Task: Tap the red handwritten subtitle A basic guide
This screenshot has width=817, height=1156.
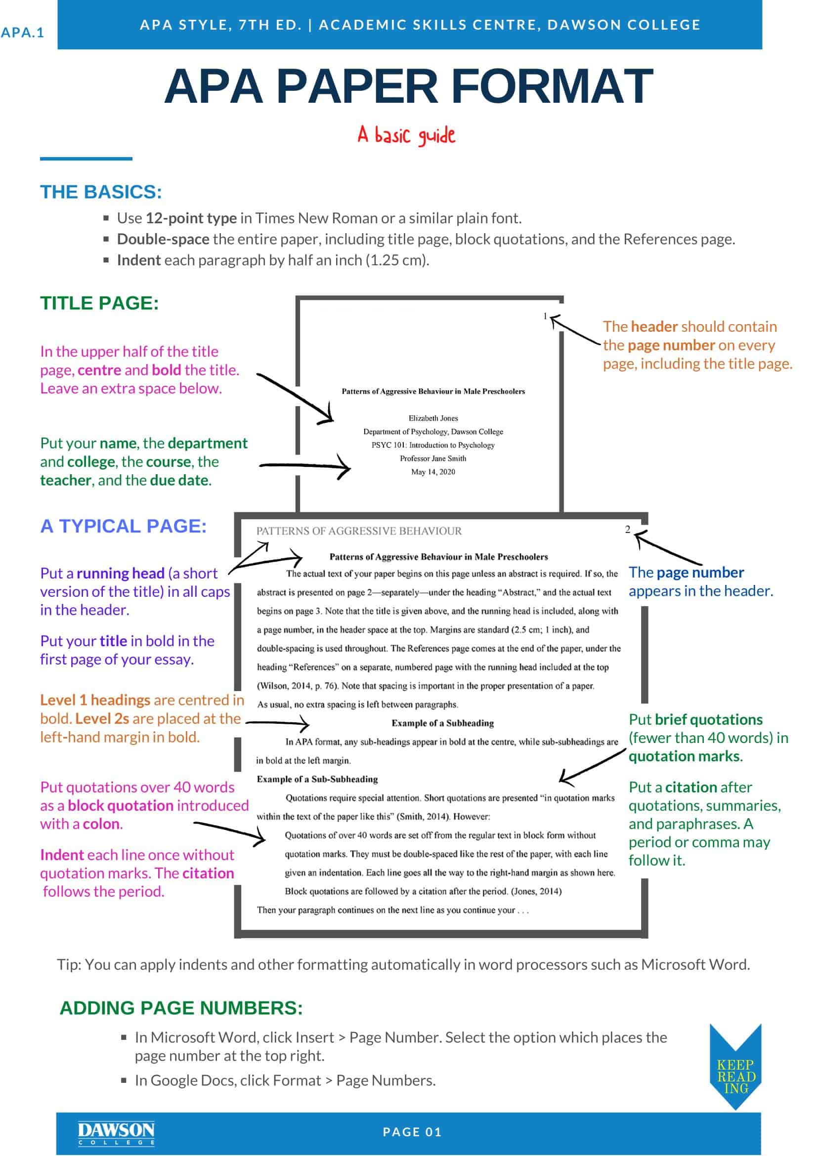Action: [406, 135]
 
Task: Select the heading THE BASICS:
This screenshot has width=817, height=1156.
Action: [101, 192]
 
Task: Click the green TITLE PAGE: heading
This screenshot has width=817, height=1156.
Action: [100, 303]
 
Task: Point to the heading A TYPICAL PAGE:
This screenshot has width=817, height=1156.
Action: [124, 526]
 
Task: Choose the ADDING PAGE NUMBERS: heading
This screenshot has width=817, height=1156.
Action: [181, 1008]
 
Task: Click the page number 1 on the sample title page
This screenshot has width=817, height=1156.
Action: [545, 316]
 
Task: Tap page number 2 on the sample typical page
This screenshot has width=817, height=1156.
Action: [628, 529]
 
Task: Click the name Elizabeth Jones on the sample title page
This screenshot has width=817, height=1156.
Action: [433, 418]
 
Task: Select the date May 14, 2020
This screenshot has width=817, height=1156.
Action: [433, 472]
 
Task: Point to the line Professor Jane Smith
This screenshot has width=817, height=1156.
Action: [433, 458]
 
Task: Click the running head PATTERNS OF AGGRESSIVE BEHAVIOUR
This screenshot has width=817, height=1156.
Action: [359, 531]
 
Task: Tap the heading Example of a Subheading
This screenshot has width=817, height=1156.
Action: [443, 723]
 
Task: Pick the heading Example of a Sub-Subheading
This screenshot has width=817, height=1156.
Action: [317, 779]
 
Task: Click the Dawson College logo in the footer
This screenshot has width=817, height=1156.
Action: [116, 1133]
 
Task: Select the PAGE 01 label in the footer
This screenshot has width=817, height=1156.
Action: [412, 1132]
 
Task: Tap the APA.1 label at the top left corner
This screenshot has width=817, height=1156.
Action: [23, 33]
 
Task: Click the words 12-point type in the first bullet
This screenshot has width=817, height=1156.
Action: [191, 218]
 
